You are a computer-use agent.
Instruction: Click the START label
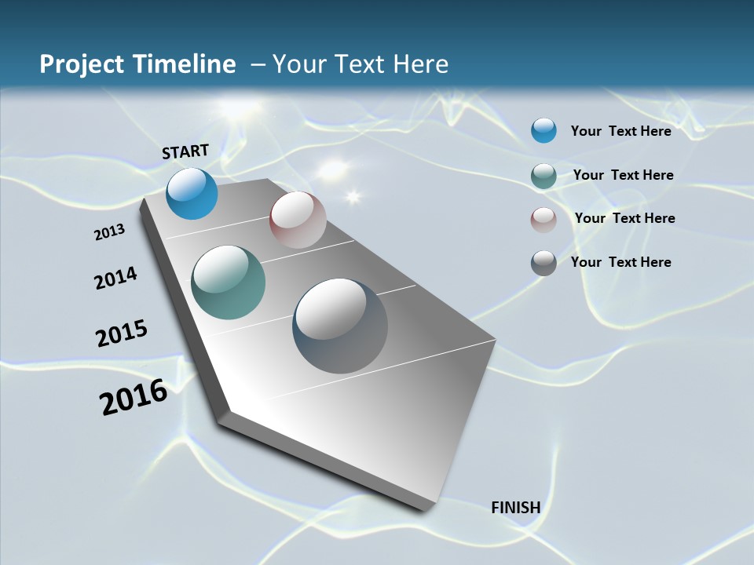[185, 151]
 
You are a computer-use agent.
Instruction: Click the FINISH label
[516, 507]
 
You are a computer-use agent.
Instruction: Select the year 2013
[109, 231]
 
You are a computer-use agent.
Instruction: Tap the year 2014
[115, 278]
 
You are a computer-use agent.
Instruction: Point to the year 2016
[134, 397]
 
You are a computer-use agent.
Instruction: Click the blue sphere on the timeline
[192, 194]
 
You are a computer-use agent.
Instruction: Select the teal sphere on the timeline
[228, 282]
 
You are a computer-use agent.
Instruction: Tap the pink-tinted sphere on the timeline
[298, 220]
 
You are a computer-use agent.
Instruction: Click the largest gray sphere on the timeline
[340, 326]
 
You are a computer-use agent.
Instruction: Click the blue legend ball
[544, 130]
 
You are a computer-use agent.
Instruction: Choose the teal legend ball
[544, 176]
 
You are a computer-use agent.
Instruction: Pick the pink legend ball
[544, 220]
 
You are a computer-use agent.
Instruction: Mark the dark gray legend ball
[544, 263]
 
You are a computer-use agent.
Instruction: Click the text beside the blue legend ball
[620, 131]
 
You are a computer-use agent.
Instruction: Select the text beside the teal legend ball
[623, 175]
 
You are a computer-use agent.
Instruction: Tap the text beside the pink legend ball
[624, 218]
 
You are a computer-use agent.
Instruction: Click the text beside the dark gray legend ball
[620, 262]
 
